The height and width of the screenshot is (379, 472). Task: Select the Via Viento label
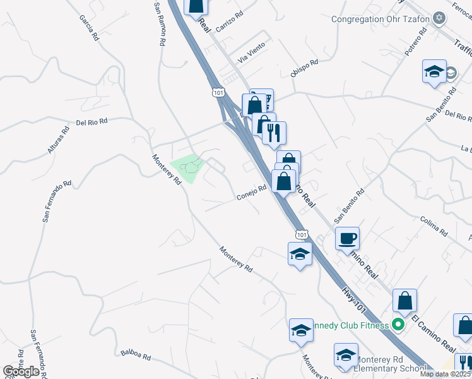pyautogui.click(x=251, y=54)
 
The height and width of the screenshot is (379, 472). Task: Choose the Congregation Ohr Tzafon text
pyautogui.click(x=381, y=19)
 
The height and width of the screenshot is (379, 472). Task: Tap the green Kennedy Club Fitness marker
pyautogui.click(x=398, y=325)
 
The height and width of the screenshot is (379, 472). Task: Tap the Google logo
pyautogui.click(x=21, y=371)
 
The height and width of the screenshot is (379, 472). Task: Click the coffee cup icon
pyautogui.click(x=347, y=239)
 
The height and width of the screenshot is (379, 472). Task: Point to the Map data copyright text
pyautogui.click(x=445, y=374)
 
